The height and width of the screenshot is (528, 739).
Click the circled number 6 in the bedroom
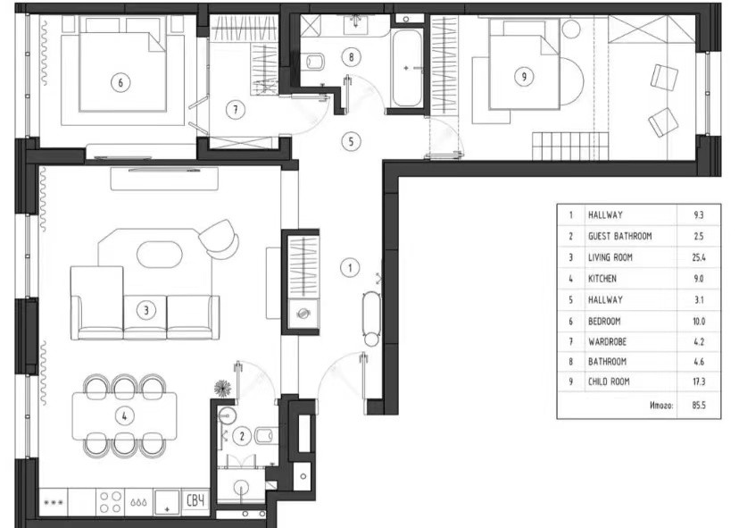pos(120,82)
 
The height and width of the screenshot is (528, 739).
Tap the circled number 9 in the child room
pos(524,76)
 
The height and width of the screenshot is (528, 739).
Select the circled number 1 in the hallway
pos(350,268)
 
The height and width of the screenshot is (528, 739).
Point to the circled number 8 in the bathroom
pos(351,57)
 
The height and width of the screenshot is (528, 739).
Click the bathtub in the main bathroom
pos(407,69)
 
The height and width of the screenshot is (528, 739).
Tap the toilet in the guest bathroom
pos(265,435)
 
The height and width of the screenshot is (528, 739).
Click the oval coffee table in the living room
pos(159,255)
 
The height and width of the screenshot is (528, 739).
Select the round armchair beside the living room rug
pos(220,239)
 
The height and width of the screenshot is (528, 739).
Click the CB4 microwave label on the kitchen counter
pos(195,500)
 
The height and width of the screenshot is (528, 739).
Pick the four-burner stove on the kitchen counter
pos(111,502)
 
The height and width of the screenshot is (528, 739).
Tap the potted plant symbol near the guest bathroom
pos(222,388)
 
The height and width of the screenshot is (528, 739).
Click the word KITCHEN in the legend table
pos(602,279)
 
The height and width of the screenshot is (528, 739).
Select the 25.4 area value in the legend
pos(699,257)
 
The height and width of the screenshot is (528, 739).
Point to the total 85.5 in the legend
pos(699,405)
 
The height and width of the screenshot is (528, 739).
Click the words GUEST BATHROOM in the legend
pos(619,236)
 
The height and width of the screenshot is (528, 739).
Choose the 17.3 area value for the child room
pos(699,381)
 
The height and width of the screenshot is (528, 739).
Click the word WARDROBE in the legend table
pos(607,341)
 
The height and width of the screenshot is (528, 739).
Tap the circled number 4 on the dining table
pos(124,416)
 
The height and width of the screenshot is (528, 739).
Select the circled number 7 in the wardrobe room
pos(236,110)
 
